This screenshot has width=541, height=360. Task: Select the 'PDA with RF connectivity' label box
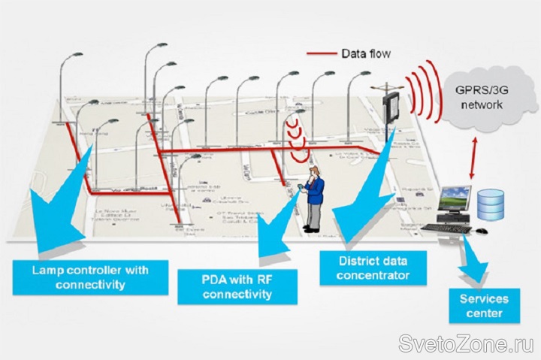tap(237, 287)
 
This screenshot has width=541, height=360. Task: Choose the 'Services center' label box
tap(483, 306)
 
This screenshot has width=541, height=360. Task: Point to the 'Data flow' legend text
tap(366, 53)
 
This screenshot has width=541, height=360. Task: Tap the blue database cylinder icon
tap(490, 204)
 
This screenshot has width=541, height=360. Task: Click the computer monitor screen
tap(454, 202)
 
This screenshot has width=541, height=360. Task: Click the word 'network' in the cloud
tap(482, 104)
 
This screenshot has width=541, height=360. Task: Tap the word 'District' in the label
tap(346, 261)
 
